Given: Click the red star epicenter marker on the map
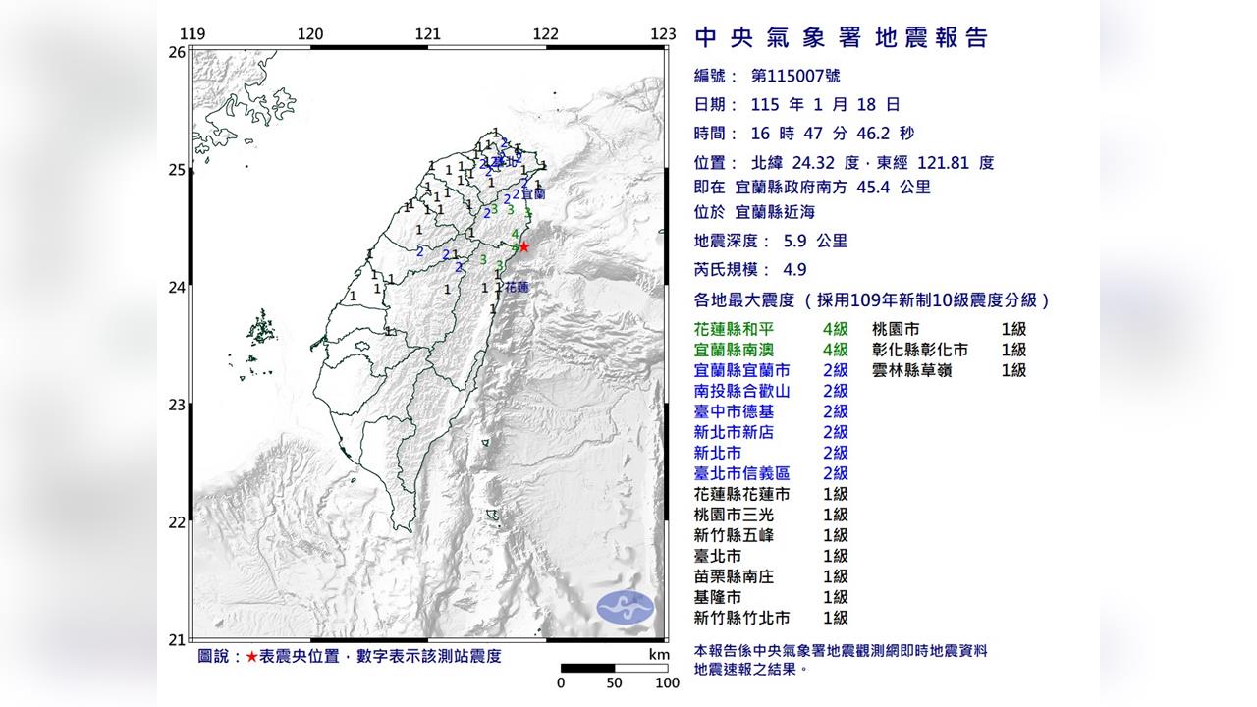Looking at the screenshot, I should (523, 247).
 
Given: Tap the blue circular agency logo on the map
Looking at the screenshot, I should (626, 606).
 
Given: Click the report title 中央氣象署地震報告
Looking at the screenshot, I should (841, 38).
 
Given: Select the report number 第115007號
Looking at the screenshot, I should (795, 76).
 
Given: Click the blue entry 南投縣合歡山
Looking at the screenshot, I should (741, 392).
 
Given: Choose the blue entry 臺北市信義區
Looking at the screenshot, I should (741, 474).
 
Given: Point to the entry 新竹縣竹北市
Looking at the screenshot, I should (741, 619).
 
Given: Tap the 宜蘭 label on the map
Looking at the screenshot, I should (533, 194).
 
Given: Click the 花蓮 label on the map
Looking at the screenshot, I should (516, 288).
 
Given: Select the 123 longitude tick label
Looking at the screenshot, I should (663, 34).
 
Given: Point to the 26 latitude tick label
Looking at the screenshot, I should (177, 52).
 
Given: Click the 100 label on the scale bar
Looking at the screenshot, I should (667, 683).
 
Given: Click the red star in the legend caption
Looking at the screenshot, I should (252, 657).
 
